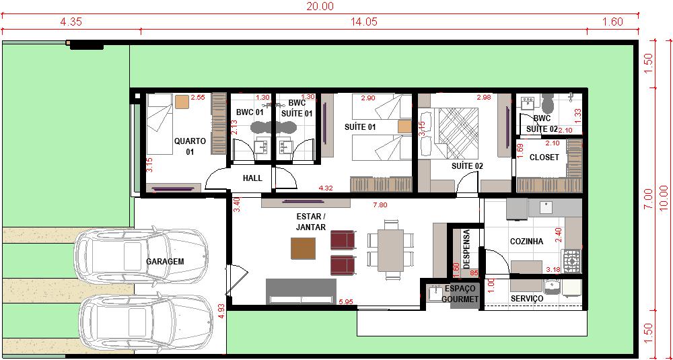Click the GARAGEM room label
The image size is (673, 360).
click(x=165, y=261)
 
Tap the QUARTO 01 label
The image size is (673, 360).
click(x=190, y=146)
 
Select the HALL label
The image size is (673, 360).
click(x=252, y=178)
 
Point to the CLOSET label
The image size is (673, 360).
click(x=544, y=157)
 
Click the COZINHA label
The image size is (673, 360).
click(x=526, y=242)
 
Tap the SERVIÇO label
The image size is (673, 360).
click(x=527, y=298)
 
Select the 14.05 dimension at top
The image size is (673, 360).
click(x=363, y=22)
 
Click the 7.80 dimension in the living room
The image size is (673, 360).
click(x=380, y=205)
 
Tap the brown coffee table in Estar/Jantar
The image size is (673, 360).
click(x=303, y=248)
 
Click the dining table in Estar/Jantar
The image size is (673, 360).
click(x=390, y=250)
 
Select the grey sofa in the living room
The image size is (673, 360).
click(x=301, y=291)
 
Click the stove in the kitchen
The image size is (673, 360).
click(x=572, y=261)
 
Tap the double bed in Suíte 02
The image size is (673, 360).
click(x=457, y=133)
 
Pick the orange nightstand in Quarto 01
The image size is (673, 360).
click(x=182, y=102)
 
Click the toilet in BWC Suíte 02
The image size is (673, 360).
click(x=547, y=102)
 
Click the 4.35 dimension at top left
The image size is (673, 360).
click(x=71, y=22)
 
